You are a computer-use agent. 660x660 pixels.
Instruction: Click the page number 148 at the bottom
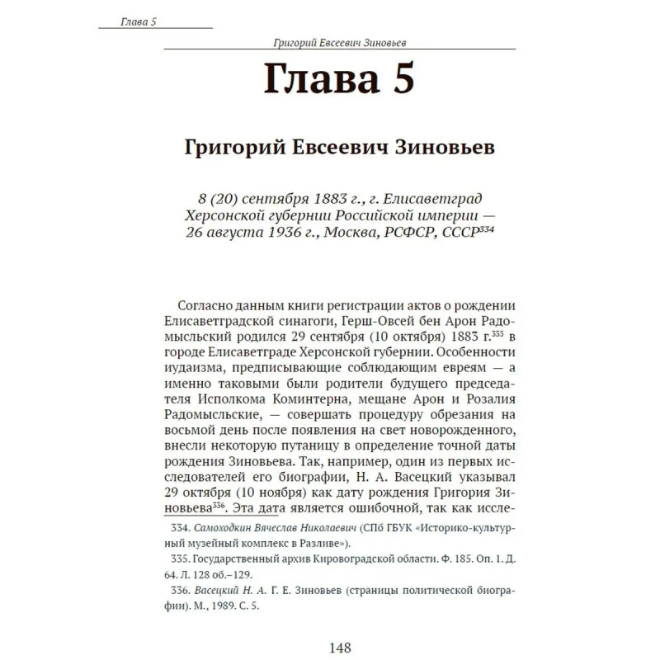[340, 648]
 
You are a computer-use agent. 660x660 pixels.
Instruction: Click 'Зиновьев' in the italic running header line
[394, 42]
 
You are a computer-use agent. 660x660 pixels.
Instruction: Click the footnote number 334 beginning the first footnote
[181, 526]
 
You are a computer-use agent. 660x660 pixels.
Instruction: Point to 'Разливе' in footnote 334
[326, 543]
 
